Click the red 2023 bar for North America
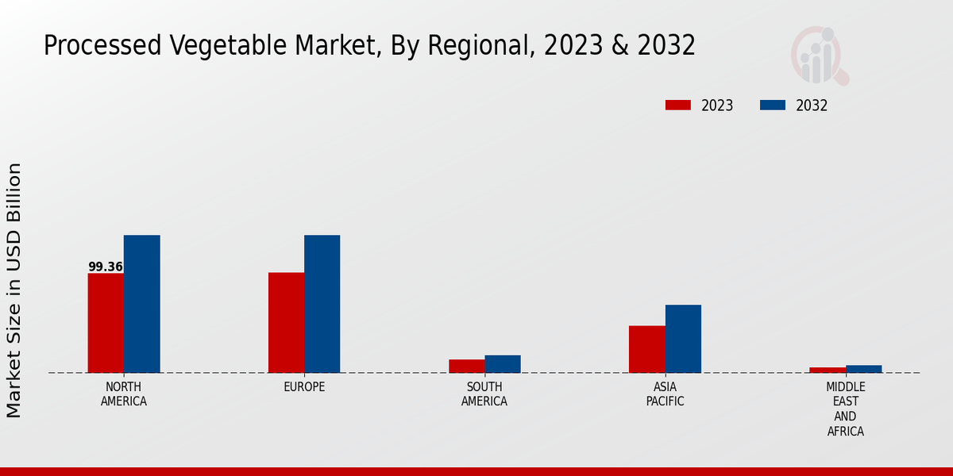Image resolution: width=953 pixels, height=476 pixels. (106, 323)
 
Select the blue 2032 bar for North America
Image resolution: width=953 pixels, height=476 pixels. (141, 304)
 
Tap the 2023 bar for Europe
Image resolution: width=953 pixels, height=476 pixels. (286, 322)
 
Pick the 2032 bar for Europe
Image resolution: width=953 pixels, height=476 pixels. (322, 304)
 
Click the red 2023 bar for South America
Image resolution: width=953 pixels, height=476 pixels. (466, 366)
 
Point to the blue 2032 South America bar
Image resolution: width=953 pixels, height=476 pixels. (503, 363)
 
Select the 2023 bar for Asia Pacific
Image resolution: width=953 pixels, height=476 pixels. (646, 349)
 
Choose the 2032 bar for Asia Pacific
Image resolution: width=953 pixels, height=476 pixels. (683, 339)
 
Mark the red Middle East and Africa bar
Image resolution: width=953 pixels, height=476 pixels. (828, 370)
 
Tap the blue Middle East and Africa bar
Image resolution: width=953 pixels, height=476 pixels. (863, 369)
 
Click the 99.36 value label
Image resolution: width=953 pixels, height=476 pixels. (106, 267)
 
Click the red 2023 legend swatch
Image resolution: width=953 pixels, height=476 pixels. (678, 106)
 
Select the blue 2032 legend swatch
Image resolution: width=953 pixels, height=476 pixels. (773, 106)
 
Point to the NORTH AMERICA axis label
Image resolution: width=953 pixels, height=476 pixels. (124, 394)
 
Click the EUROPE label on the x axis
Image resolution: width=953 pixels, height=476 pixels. (304, 387)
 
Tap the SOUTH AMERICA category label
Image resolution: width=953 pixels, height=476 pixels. (484, 394)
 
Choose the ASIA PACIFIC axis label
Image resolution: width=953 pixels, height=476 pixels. (665, 394)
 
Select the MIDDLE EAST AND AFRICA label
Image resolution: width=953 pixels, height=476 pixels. (845, 409)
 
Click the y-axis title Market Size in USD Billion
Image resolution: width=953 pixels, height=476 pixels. (14, 290)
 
